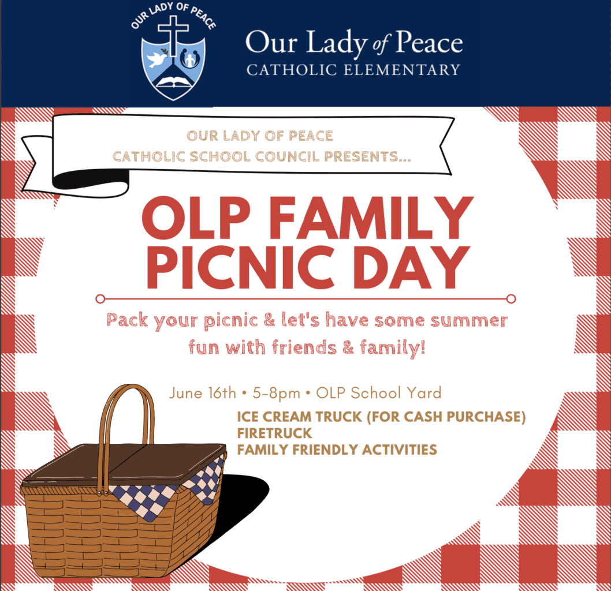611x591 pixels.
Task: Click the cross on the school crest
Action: [173, 35]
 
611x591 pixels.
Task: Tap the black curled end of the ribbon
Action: [87, 180]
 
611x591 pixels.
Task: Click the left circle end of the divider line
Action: [100, 298]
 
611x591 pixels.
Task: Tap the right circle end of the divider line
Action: [511, 298]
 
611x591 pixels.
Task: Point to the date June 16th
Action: [203, 394]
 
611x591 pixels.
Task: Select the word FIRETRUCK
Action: [274, 432]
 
